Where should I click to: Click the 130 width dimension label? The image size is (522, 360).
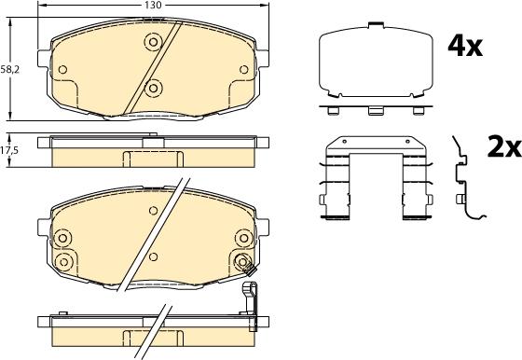153,5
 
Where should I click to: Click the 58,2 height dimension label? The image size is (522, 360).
10,69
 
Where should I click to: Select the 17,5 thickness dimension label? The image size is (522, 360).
9,150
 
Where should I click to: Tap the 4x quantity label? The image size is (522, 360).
465,47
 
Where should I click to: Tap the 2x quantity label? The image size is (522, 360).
504,146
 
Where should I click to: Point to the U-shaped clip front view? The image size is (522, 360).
376,178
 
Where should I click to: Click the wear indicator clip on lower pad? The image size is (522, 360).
250,293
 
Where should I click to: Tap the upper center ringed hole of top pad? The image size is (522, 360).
153,42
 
